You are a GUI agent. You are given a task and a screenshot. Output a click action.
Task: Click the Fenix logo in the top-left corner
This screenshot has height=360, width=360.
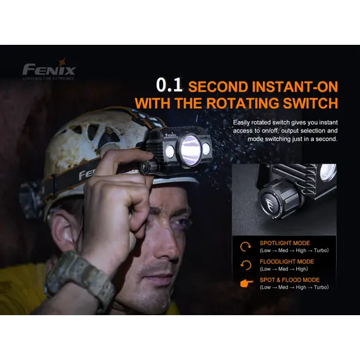(x=49, y=69)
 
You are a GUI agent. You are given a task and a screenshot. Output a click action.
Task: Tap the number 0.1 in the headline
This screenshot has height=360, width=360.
(x=169, y=85)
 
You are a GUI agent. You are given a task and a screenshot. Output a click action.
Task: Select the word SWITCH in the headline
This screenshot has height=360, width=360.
(x=310, y=103)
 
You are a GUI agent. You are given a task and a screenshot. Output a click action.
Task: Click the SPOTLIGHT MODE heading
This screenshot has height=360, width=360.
(x=285, y=243)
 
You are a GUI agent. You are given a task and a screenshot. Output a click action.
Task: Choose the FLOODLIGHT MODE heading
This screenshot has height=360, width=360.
(x=287, y=261)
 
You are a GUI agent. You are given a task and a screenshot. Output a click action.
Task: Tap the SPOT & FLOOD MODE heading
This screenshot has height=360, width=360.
(x=289, y=280)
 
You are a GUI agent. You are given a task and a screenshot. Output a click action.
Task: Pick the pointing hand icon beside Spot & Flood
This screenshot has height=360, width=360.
(x=246, y=284)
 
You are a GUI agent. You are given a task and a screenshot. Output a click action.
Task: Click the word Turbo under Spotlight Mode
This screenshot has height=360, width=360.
(x=321, y=250)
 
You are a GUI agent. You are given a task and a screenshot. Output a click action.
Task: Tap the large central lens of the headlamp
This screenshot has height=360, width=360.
(x=190, y=150)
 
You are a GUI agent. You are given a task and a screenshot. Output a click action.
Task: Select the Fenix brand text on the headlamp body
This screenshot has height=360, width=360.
(x=171, y=135)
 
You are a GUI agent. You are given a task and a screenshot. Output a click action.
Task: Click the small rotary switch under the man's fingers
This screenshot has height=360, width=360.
(x=147, y=167)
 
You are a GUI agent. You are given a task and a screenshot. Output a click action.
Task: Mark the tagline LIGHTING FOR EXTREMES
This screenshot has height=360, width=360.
(x=49, y=78)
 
